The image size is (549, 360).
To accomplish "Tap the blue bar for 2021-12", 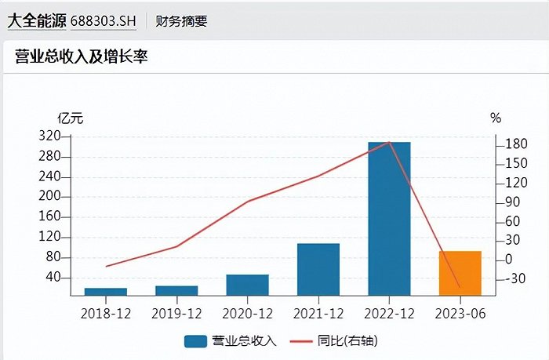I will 318,269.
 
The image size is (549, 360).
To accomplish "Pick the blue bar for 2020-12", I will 248,285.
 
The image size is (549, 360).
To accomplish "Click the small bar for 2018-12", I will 106,292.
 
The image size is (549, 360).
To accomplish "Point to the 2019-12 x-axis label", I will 176,313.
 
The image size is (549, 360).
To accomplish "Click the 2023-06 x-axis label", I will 460,313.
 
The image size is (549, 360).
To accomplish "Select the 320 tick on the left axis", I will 49,136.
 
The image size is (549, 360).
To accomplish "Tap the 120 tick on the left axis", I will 49,238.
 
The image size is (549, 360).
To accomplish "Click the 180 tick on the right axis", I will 514,144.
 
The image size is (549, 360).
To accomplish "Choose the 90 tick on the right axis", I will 511,202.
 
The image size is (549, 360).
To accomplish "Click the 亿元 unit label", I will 71,118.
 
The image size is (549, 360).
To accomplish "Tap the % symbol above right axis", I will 495,118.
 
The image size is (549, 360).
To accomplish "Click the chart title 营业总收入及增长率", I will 82,56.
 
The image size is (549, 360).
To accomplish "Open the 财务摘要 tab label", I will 182,21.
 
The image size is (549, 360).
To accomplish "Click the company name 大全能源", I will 36,21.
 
